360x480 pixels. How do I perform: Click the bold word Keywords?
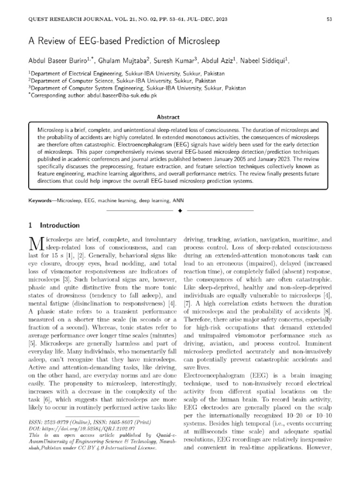coord(39,201)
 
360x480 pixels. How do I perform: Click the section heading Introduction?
coord(60,225)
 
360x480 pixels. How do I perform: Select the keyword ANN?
coord(178,201)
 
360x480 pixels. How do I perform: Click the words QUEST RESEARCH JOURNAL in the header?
coord(64,19)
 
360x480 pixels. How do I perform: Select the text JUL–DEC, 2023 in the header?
coord(205,19)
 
